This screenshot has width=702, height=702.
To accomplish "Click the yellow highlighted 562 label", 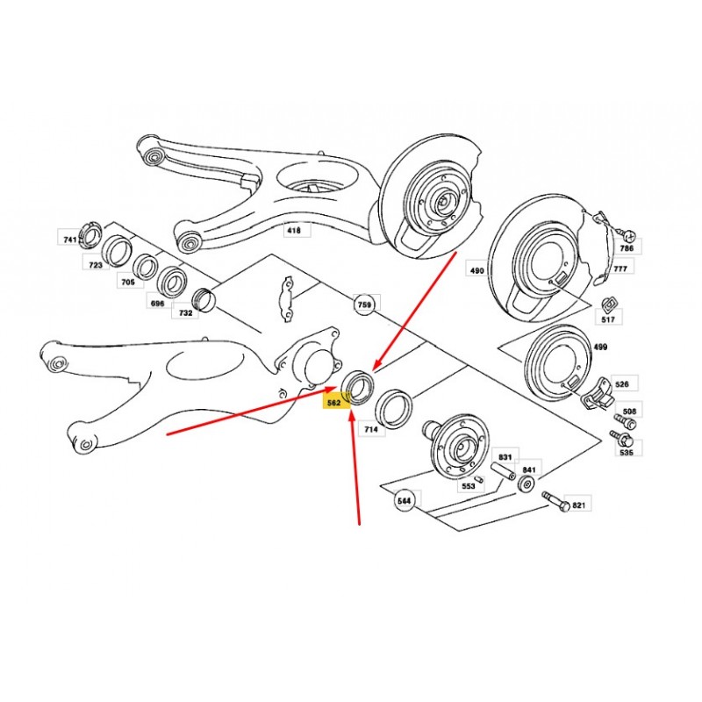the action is [334, 402].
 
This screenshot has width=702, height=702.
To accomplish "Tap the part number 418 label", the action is [294, 231].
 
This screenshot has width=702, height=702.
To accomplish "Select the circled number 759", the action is [364, 304].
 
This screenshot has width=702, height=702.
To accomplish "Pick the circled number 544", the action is [404, 500].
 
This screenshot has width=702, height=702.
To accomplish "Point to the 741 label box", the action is [70, 239].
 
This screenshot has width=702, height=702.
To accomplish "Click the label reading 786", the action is [627, 247].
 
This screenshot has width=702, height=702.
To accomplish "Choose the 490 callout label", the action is [476, 270].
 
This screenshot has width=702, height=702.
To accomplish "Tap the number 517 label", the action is [608, 319].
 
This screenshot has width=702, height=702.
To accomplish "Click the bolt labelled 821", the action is [555, 501].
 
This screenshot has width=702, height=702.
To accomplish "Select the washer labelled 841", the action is [525, 484].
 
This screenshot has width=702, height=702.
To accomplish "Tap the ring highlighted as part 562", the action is [357, 387].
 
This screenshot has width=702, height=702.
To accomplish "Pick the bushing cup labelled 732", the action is [204, 300].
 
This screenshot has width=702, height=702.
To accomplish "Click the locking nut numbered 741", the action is [91, 234].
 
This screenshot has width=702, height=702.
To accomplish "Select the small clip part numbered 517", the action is [607, 304].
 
